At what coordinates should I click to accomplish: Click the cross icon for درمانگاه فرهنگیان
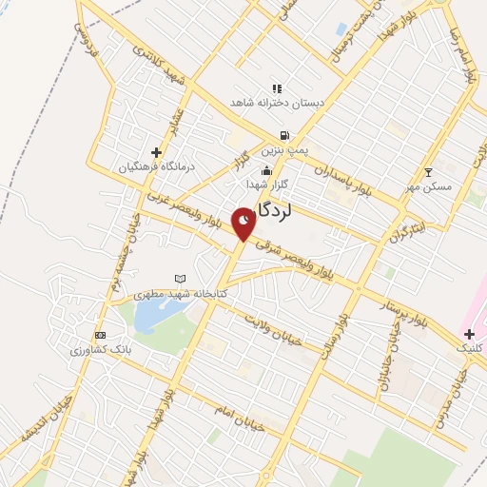(x=157, y=152)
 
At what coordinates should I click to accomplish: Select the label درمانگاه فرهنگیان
(x=157, y=166)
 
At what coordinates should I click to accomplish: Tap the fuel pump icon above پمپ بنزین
(x=283, y=135)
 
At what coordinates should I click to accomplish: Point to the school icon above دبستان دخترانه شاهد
(x=277, y=88)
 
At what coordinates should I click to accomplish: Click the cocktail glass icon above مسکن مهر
(x=428, y=171)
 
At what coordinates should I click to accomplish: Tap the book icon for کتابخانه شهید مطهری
(x=181, y=278)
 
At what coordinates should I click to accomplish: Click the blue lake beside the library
(x=152, y=317)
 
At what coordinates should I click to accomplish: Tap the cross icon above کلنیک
(x=470, y=333)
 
